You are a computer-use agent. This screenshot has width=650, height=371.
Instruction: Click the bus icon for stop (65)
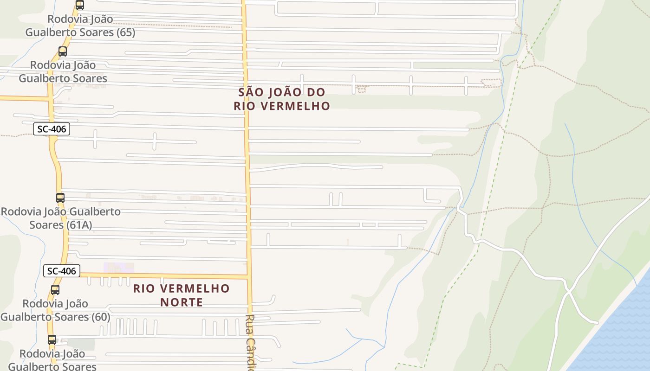[x=80, y=6]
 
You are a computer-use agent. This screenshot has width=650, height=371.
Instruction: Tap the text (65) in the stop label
[x=125, y=32]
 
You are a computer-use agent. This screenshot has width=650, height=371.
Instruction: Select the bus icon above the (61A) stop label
[x=60, y=198]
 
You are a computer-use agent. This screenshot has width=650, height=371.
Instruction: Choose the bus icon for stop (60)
[x=55, y=290]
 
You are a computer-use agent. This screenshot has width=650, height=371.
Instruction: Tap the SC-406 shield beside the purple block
[x=62, y=271]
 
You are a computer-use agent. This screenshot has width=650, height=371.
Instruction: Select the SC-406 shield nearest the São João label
[x=52, y=129]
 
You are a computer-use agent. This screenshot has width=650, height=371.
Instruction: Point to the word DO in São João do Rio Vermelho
[x=315, y=92]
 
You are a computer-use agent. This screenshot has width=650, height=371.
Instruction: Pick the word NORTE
[x=182, y=302]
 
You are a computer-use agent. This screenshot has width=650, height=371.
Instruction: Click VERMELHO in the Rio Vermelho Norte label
[x=198, y=288]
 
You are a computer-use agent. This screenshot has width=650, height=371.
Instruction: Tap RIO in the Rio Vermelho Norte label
[x=143, y=288]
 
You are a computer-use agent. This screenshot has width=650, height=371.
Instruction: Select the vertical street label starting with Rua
[x=251, y=342]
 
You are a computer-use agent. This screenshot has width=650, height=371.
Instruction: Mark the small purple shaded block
[x=118, y=268]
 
